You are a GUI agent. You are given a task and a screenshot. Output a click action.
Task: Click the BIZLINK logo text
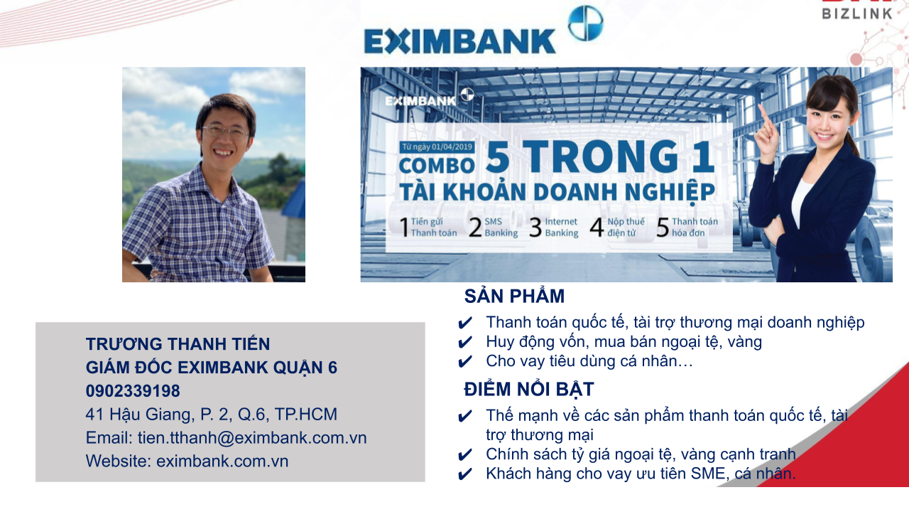(x=857, y=14)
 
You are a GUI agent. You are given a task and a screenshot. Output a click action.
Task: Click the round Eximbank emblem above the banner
(x=585, y=23)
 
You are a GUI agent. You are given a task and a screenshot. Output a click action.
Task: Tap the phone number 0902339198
(x=133, y=391)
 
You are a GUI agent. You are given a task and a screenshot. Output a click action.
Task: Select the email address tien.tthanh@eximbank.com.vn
(x=252, y=437)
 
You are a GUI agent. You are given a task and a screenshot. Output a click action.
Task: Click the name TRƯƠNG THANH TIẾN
(x=178, y=343)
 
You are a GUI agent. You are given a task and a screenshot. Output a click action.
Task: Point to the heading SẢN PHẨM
(x=514, y=296)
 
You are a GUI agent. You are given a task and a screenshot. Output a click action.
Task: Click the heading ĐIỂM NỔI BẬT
(x=529, y=389)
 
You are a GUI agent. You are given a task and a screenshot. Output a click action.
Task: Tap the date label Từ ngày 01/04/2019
(x=437, y=146)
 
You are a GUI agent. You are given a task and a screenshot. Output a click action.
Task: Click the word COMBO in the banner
(x=437, y=166)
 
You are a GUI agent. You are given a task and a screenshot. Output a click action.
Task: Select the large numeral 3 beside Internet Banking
(x=535, y=227)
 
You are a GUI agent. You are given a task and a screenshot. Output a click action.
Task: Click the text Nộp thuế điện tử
(x=626, y=227)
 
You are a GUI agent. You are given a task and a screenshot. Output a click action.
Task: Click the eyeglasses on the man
(x=225, y=132)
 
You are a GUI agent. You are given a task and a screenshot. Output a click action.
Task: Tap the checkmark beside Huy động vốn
(x=465, y=342)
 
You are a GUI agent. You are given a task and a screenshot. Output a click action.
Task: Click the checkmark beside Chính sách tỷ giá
(x=465, y=454)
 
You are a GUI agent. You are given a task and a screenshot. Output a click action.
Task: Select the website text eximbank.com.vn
(x=222, y=462)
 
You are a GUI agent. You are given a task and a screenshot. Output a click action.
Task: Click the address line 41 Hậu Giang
(x=212, y=415)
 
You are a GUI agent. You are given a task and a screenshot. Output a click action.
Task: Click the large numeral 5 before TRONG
(x=498, y=157)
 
